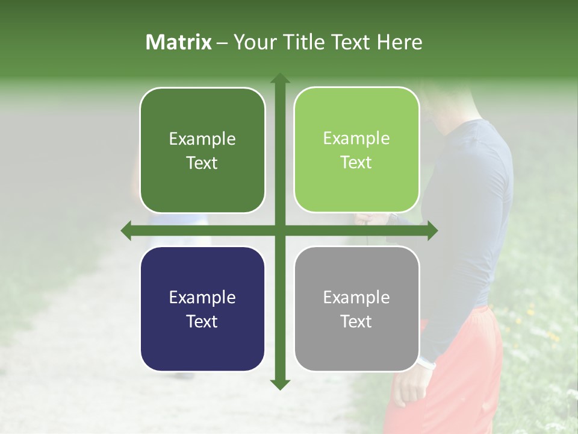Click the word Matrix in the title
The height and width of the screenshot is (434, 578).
click(179, 42)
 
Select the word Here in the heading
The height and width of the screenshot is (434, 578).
click(399, 42)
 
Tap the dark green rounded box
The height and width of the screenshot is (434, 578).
click(202, 150)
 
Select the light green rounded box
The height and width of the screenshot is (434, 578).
click(356, 150)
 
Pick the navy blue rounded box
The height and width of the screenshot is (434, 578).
click(202, 309)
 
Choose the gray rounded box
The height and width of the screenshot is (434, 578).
click(356, 309)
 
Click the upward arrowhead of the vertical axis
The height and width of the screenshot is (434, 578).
click(280, 78)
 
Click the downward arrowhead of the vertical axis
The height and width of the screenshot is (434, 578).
click(280, 384)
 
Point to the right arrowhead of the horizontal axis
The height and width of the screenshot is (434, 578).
click(432, 231)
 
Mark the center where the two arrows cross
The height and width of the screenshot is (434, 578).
click(280, 231)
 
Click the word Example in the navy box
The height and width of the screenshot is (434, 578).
click(202, 297)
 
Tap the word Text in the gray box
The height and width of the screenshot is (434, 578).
click(356, 321)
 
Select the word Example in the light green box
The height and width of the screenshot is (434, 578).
click(356, 138)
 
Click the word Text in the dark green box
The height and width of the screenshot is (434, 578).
click(202, 163)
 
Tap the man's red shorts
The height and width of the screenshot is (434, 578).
click(464, 374)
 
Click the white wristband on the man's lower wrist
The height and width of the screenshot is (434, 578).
click(427, 363)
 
